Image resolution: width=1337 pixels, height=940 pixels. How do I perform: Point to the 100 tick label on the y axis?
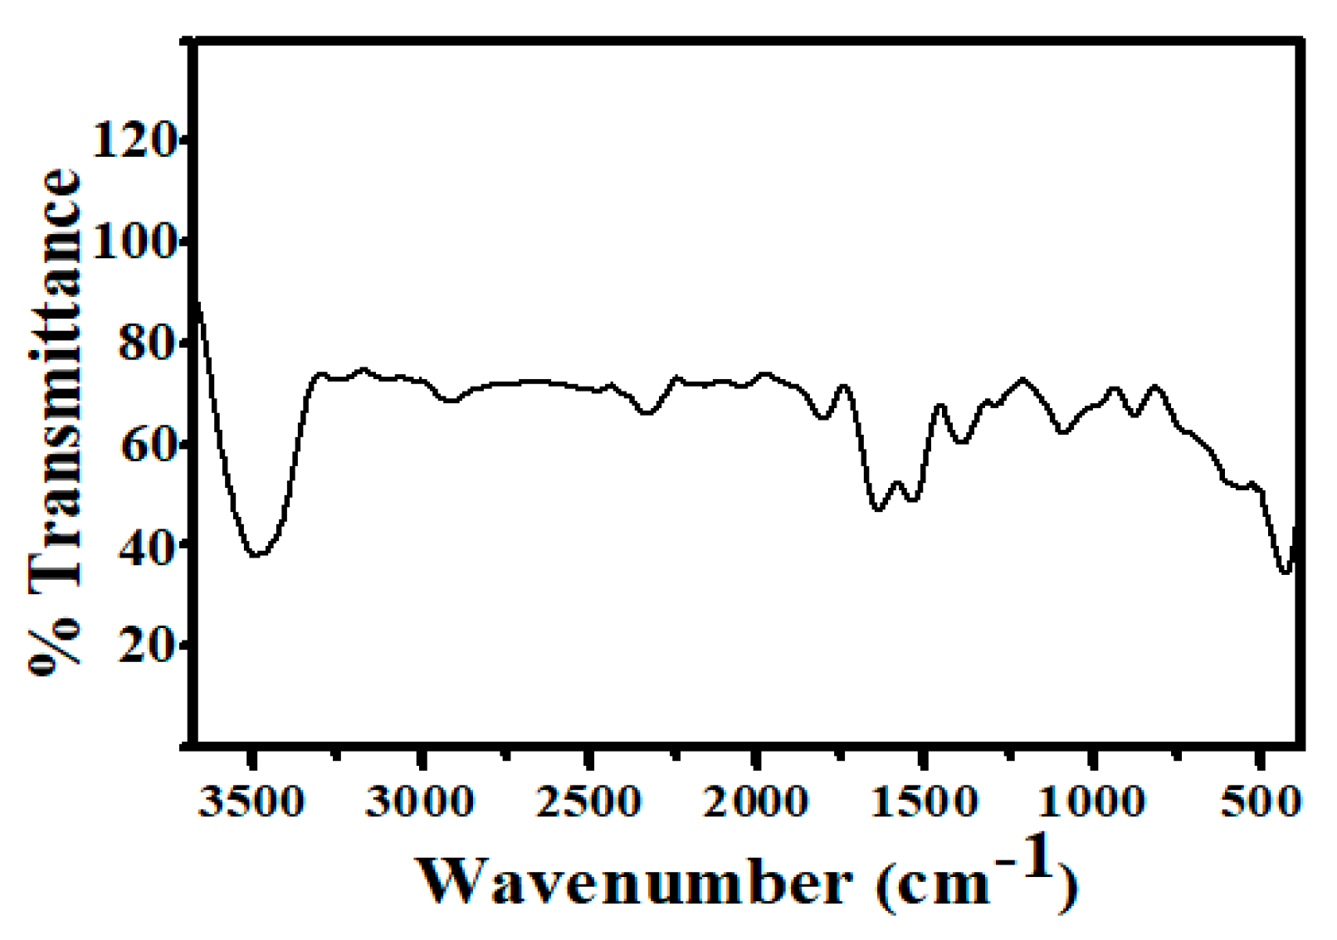[133, 241]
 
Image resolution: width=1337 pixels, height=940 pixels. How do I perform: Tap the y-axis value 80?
[146, 343]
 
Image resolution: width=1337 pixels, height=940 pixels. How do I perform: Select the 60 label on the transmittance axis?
[146, 444]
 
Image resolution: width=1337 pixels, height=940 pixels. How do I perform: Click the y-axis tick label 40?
[146, 545]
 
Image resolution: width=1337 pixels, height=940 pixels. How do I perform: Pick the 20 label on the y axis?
[146, 645]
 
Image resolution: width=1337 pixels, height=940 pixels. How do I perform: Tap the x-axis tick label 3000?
[420, 802]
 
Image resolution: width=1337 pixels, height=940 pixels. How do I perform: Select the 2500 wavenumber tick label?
[588, 802]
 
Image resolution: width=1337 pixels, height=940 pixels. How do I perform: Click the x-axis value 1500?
[924, 802]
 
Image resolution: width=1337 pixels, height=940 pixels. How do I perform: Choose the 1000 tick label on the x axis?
[1092, 802]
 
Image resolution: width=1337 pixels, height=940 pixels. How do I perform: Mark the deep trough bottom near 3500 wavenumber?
[257, 554]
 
